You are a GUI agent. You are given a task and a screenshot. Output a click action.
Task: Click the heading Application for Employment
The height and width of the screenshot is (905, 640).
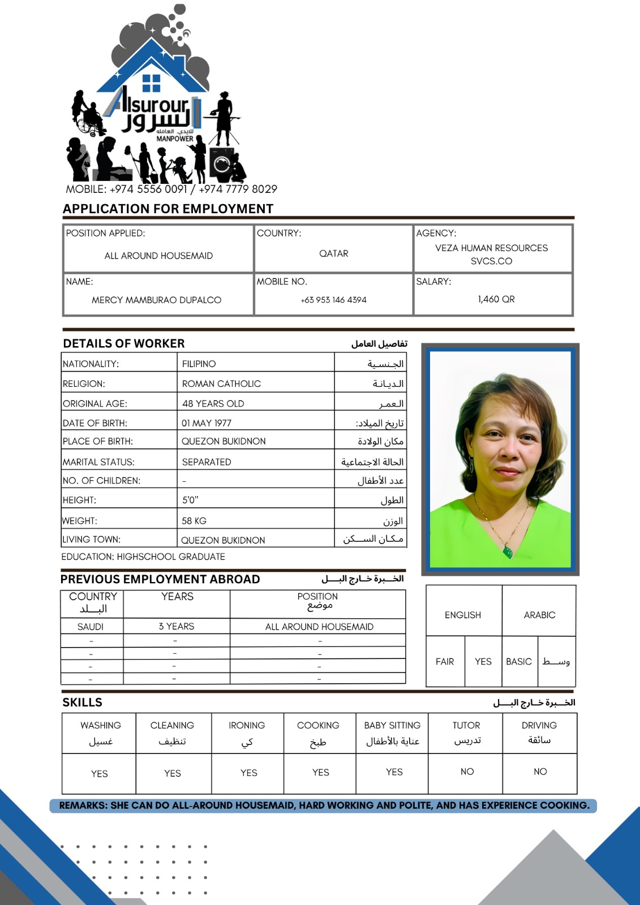(168, 209)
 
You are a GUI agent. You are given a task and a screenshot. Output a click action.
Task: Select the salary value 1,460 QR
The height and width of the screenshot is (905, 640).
(496, 299)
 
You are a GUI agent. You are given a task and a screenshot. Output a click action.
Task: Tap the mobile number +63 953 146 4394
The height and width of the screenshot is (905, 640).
(333, 300)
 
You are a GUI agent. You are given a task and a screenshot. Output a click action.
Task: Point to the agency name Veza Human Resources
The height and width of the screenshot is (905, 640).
(491, 248)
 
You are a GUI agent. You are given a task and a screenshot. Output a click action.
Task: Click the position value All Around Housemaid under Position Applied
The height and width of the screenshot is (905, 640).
(158, 256)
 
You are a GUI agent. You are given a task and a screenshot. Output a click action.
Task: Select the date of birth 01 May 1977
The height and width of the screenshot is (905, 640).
(207, 423)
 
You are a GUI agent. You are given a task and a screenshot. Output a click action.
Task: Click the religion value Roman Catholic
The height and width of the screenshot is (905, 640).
(221, 383)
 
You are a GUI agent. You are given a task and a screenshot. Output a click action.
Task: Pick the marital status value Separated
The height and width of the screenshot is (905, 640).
(207, 462)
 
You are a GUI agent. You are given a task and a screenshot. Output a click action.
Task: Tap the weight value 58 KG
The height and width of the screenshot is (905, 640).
(194, 521)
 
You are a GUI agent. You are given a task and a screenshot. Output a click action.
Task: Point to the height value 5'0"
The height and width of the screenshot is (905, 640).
(190, 500)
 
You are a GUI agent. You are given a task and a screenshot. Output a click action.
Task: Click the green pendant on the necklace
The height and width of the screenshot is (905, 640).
(508, 550)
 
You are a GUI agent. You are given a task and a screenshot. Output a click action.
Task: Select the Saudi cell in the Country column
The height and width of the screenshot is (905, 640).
(91, 627)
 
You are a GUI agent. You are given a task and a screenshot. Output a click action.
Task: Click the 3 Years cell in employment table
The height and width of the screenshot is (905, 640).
(176, 626)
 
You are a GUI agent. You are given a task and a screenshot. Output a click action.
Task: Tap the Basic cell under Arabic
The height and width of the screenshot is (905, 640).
(519, 661)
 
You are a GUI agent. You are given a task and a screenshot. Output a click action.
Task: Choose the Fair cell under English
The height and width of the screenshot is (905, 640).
(445, 661)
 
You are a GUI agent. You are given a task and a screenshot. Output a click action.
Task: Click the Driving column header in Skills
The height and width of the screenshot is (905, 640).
(539, 726)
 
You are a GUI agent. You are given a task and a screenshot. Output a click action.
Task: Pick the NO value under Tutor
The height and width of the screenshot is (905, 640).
(467, 772)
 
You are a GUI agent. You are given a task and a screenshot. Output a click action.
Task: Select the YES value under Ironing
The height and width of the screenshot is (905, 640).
(248, 773)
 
